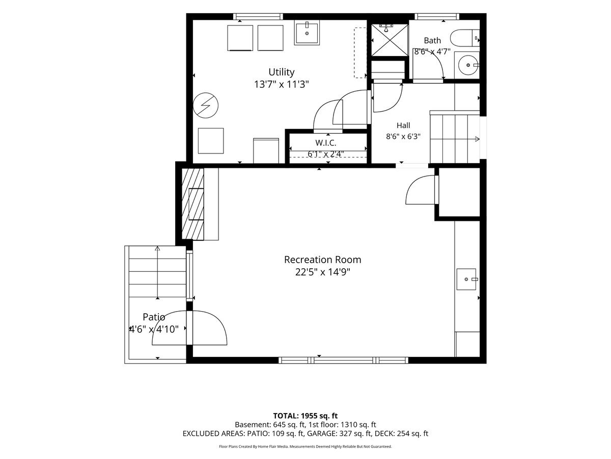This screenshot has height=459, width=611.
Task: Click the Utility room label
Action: pyautogui.click(x=281, y=72)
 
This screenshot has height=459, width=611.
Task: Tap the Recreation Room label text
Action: pyautogui.click(x=322, y=260)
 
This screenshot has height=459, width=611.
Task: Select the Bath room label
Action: pyautogui.click(x=432, y=41)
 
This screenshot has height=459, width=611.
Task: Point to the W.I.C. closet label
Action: pyautogui.click(x=326, y=143)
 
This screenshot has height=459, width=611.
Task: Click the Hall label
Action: pyautogui.click(x=403, y=125)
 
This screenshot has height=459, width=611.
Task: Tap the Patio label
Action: pyautogui.click(x=154, y=317)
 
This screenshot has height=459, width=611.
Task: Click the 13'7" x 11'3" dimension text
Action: pyautogui.click(x=282, y=84)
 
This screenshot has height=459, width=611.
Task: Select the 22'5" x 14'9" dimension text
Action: pyautogui.click(x=322, y=272)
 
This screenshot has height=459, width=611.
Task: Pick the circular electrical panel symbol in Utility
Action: pyautogui.click(x=205, y=106)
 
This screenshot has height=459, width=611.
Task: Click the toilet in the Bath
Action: pyautogui.click(x=464, y=38)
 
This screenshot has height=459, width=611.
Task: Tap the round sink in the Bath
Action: pyautogui.click(x=468, y=65)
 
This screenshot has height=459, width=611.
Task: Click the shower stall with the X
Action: pyautogui.click(x=390, y=40)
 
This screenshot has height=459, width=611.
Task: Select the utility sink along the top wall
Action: pyautogui.click(x=307, y=34)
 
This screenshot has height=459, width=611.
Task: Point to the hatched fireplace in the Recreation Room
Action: pyautogui.click(x=192, y=203)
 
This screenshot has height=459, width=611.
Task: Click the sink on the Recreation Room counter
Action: pyautogui.click(x=466, y=279)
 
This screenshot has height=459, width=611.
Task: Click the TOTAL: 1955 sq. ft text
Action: pyautogui.click(x=305, y=416)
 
